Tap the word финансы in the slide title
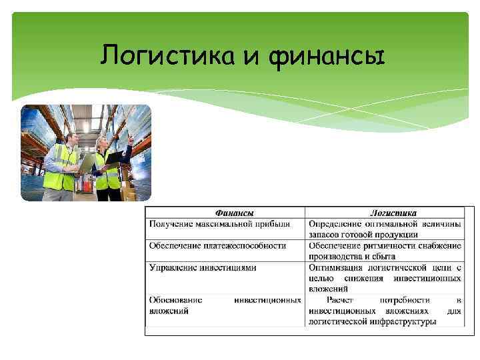coord(327,57)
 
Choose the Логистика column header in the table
coord(393,213)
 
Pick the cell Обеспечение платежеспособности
coord(217,245)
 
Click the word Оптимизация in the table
coord(337,267)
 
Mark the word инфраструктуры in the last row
coord(405,321)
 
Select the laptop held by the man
coord(87,163)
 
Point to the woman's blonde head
coord(102,144)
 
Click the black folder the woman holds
coord(114,157)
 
